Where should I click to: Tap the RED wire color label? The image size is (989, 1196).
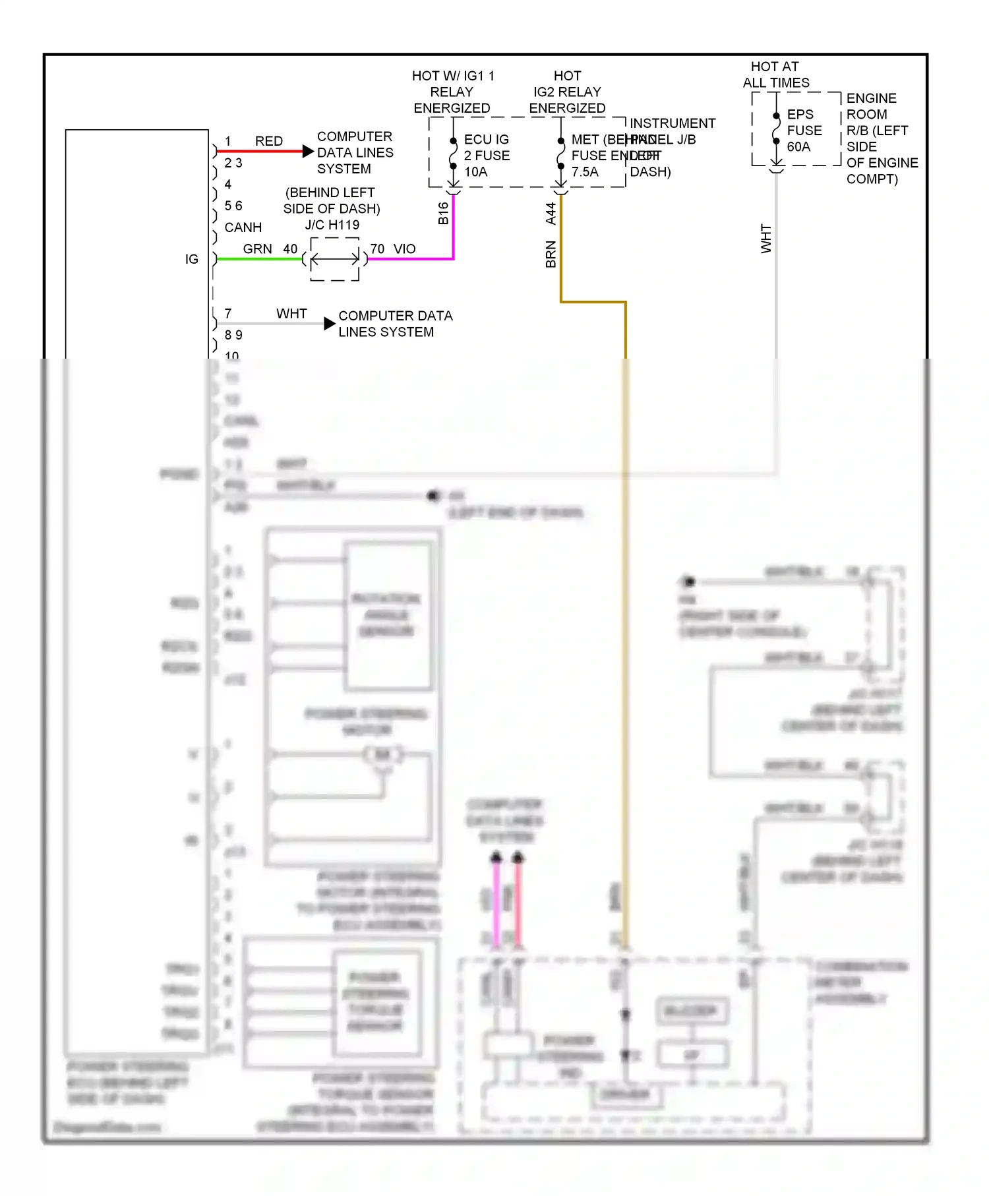coord(269,141)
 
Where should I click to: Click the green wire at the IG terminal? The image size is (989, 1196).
coord(257,258)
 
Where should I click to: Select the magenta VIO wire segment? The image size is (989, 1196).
coord(409,258)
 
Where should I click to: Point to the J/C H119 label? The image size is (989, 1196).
coord(332,225)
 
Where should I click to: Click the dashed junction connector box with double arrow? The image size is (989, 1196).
coord(335,258)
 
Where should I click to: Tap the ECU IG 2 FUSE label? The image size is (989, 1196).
coord(487,156)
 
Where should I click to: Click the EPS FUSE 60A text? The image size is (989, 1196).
coord(804,131)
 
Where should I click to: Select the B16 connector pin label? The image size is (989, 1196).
coord(443,213)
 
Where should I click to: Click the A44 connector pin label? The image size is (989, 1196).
coord(551,213)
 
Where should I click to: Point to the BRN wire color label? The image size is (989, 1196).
coord(551,254)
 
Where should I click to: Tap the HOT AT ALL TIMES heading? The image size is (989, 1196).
coord(775,75)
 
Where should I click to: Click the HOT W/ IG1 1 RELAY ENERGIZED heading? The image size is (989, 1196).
coord(452,92)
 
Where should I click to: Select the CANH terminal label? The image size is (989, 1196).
coord(243,227)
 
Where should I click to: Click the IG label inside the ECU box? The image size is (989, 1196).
coord(191,259)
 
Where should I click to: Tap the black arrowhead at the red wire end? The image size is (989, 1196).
coord(308,151)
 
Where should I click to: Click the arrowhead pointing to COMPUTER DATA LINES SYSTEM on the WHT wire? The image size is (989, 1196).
coord(330,324)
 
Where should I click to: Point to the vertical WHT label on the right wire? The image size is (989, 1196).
coord(765,238)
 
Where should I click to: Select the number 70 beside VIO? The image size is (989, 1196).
coord(377,249)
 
